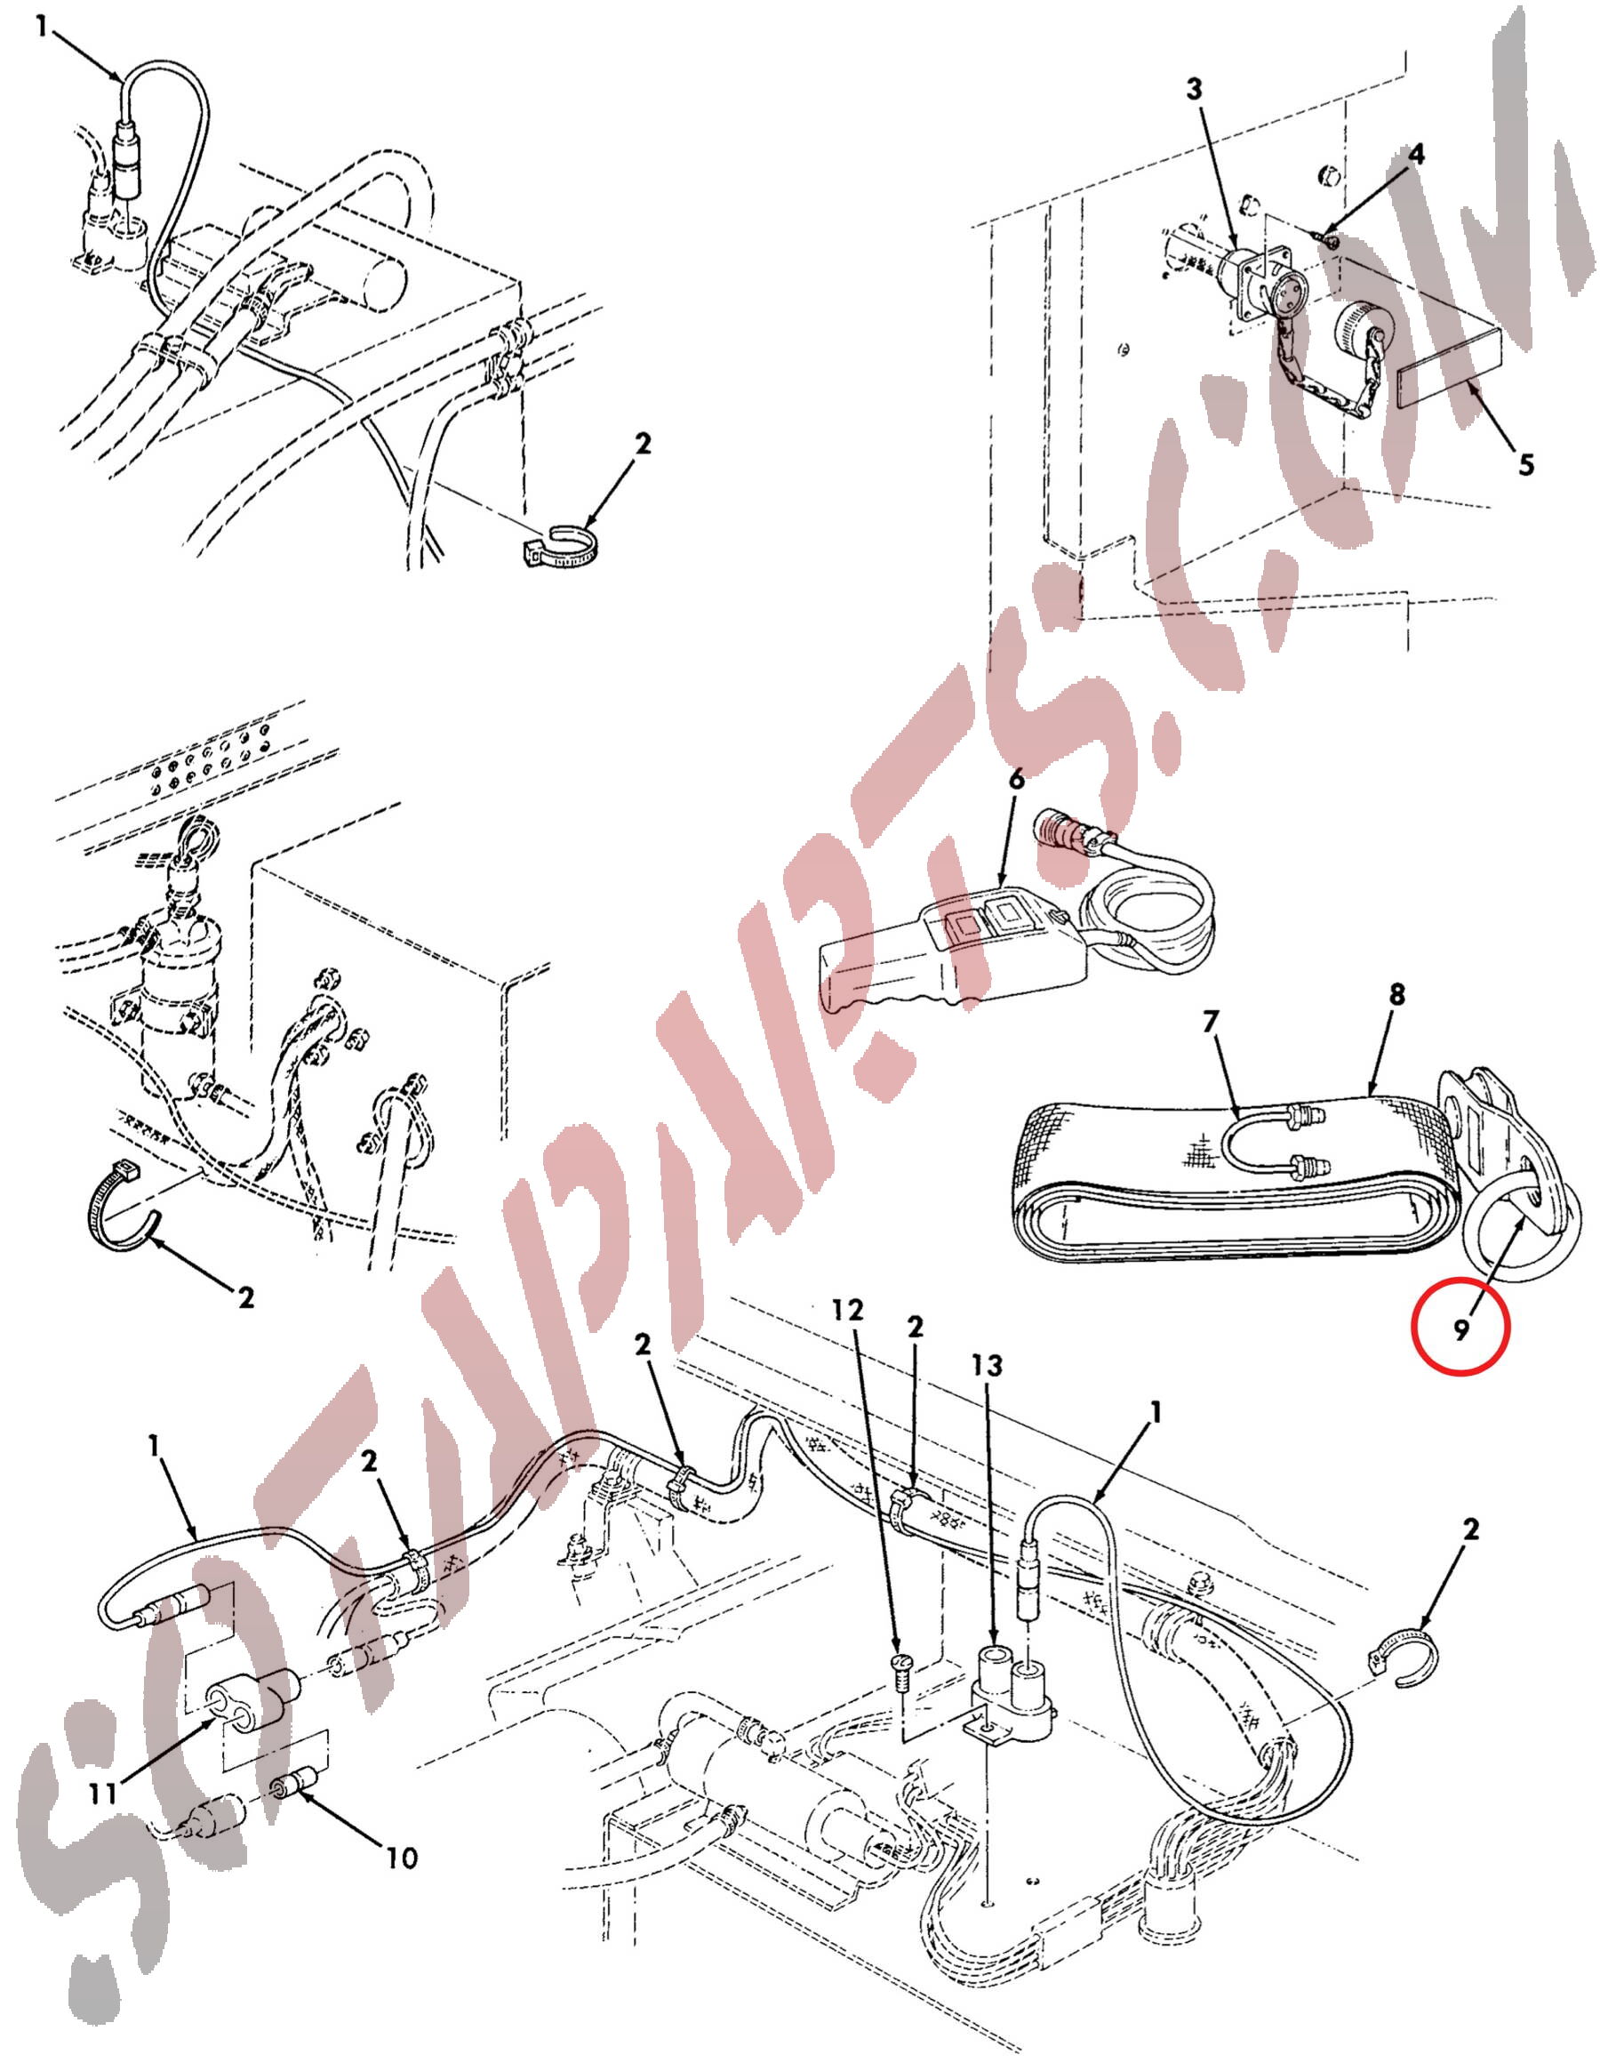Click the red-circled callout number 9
point(1460,1330)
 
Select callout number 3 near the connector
point(1195,90)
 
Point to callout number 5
point(1526,465)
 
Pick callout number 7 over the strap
point(1211,1022)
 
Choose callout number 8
point(1397,994)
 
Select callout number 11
point(103,1793)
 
